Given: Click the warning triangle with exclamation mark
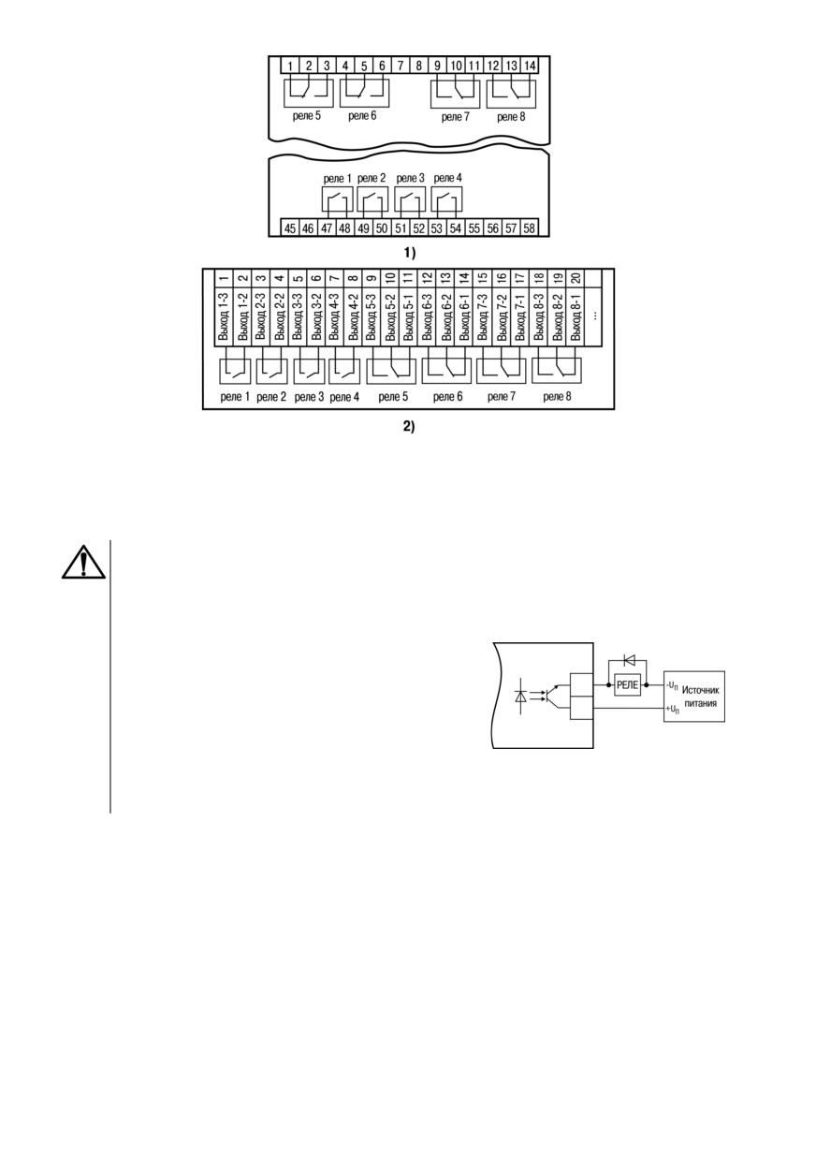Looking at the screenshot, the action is point(83,563).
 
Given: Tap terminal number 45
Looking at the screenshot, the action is point(290,228).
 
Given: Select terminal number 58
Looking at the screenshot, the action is point(529,228).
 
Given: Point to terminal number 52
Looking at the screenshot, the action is point(418,228).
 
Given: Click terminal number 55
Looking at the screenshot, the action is point(474,228).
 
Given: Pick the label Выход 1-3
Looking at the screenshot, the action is point(224,316).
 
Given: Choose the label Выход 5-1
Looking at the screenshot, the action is point(409,316).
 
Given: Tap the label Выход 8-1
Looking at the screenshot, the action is point(576,316).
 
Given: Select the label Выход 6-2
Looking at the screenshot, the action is point(446,316).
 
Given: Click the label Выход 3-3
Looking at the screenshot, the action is point(298,316).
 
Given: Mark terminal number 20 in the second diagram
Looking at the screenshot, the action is point(576,278).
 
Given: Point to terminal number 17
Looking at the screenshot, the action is point(520,278).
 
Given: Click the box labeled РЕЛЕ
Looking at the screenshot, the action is point(628,685).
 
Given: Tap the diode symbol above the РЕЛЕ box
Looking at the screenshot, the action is point(629,660).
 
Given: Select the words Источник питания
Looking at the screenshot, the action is point(700,697).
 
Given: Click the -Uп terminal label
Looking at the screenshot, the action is point(672,686).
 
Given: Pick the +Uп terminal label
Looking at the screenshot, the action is point(672,710).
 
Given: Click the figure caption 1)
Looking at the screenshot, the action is point(410,253).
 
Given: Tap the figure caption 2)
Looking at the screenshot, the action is point(409,427).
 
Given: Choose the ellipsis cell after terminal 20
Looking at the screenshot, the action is point(594,315).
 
